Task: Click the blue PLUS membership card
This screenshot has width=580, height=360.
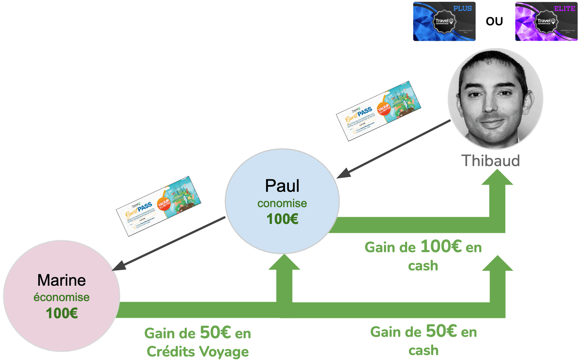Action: pos(444,21)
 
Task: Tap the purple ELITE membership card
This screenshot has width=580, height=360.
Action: pos(546,21)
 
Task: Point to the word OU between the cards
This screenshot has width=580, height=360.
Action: pos(494,21)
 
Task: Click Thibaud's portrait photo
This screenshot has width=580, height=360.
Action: pos(495,99)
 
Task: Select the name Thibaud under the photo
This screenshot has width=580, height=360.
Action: pos(490,161)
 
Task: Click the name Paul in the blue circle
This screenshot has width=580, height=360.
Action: pos(282,186)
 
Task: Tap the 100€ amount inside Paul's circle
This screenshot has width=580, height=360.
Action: pos(282,219)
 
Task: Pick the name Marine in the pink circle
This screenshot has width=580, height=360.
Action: pos(61,280)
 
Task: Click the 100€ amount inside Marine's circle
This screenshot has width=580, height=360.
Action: pos(62,313)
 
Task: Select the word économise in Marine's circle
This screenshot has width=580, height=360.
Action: pos(61,297)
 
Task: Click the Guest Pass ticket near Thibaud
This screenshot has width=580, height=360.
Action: pos(379,111)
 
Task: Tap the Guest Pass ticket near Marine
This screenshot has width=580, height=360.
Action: pos(159,206)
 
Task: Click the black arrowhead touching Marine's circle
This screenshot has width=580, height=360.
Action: pos(119,266)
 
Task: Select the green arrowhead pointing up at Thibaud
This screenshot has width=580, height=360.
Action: pos(497,177)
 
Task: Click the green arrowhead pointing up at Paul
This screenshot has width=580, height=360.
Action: pos(284,262)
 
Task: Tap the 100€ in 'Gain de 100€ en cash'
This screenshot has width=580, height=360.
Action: pos(441,246)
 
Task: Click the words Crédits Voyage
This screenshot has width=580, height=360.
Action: pos(197,351)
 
